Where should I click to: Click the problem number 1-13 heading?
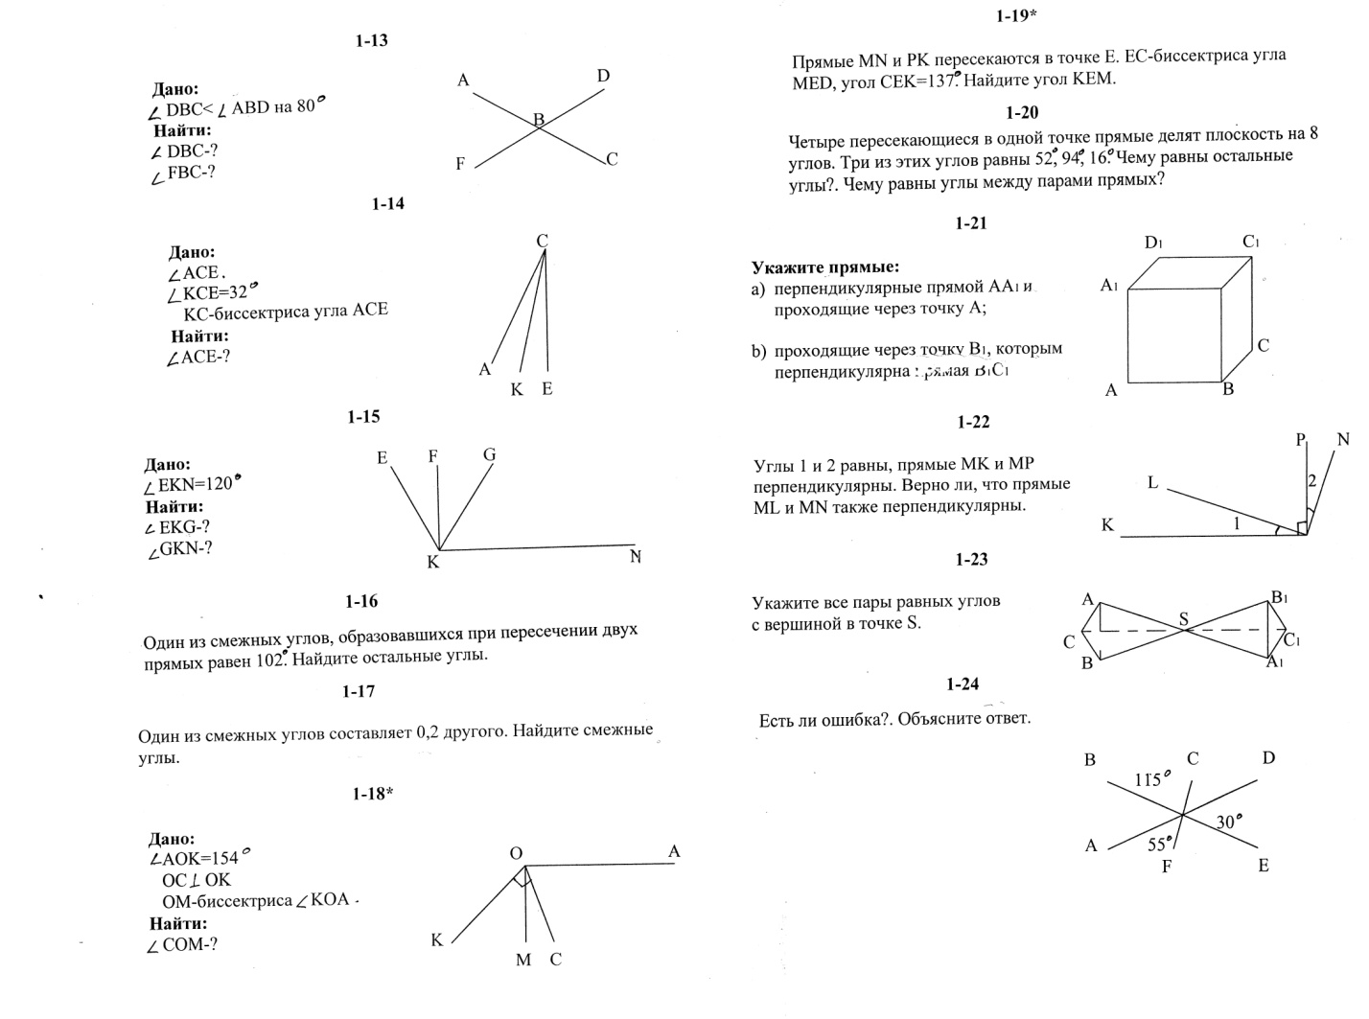point(371,41)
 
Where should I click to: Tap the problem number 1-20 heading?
point(1023,112)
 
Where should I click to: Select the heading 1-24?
point(963,683)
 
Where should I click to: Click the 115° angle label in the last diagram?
point(1148,779)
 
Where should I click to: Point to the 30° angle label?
point(1229,822)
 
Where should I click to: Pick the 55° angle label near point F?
point(1159,845)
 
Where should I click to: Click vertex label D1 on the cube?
point(1153,243)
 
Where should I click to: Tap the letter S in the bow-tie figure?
point(1184,619)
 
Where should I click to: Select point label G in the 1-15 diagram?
point(490,454)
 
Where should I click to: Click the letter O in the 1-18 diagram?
point(516,853)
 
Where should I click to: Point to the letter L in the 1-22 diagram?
point(1153,483)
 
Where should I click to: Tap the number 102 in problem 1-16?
point(271,660)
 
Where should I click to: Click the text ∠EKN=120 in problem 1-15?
point(189,485)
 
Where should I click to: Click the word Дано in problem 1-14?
point(192,252)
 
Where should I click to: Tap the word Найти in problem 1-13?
point(182,130)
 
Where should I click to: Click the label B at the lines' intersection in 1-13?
point(539,120)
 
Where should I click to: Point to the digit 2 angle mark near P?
point(1312,480)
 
